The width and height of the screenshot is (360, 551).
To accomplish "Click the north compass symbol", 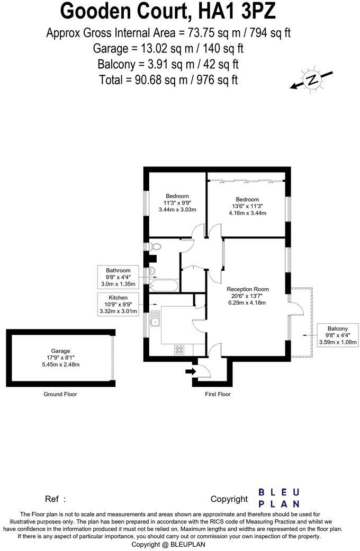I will click(x=312, y=79).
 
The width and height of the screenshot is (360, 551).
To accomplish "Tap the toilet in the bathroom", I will click(x=155, y=246).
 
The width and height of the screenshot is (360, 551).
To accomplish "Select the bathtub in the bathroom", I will click(x=164, y=286).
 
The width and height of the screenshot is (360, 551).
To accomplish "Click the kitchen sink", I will click(x=155, y=319).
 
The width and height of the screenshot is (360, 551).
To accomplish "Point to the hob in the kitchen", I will click(x=179, y=350).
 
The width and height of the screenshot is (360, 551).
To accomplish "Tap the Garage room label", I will click(x=60, y=350).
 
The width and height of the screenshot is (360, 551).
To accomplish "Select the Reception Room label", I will click(x=248, y=289).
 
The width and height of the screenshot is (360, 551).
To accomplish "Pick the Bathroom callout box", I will click(x=118, y=277).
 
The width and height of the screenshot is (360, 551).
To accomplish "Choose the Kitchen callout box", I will click(x=118, y=305).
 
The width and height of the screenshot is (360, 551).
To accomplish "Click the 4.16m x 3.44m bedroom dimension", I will click(x=247, y=213).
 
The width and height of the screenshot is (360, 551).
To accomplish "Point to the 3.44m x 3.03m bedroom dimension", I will click(x=177, y=210).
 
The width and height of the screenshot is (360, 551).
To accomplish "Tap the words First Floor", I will click(x=218, y=394).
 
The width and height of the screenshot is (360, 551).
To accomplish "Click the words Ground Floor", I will click(x=60, y=394).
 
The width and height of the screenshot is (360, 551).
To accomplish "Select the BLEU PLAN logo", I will click(x=279, y=498).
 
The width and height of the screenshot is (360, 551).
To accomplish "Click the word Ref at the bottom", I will click(x=51, y=499).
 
